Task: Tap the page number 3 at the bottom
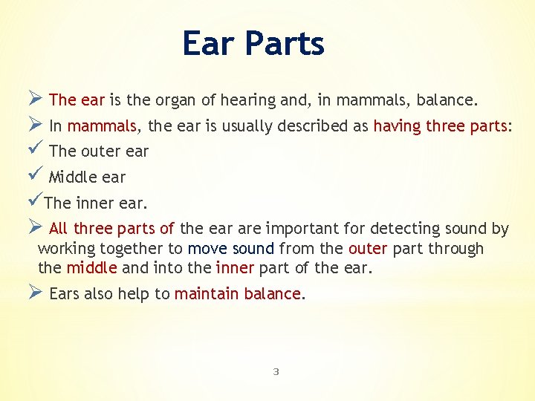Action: (276, 371)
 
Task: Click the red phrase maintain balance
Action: (238, 294)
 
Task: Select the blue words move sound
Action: (231, 249)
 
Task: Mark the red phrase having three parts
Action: (441, 126)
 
